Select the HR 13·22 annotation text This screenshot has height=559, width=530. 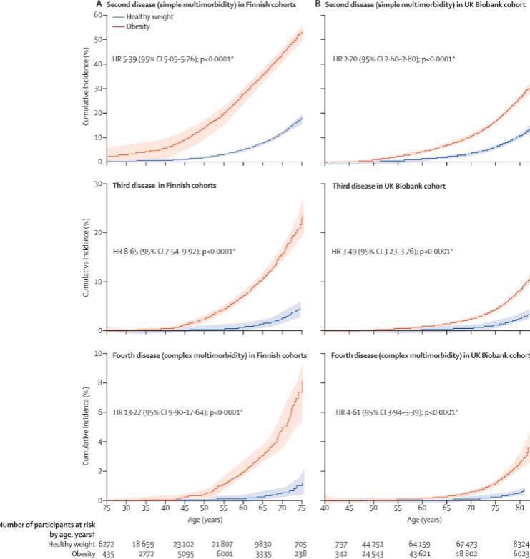point(188,412)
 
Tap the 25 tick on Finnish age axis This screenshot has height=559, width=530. point(106,508)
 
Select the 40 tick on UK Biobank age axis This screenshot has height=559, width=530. point(323,508)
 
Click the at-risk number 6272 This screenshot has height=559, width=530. point(106,543)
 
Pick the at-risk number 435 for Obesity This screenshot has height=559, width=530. point(106,553)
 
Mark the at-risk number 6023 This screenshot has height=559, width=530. point(520,553)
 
